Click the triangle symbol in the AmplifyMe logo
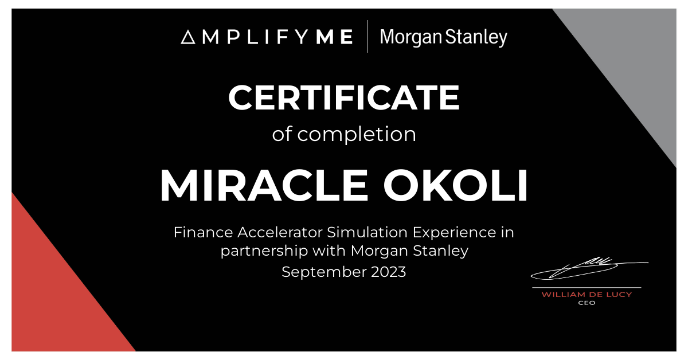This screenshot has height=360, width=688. [x=188, y=37]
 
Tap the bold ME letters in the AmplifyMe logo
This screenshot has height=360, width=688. [x=334, y=37]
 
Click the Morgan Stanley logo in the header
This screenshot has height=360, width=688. [x=444, y=37]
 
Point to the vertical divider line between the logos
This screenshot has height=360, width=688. [x=368, y=36]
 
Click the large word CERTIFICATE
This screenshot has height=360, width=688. [x=343, y=97]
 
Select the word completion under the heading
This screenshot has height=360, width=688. [x=357, y=134]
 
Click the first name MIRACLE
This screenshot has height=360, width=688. [x=264, y=185]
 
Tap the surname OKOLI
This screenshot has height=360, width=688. [x=455, y=185]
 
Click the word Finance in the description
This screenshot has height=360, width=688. [x=204, y=232]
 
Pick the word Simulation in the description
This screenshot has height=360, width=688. [x=368, y=232]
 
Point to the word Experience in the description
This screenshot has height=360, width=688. [x=454, y=233]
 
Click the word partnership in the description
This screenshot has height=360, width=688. [x=264, y=252]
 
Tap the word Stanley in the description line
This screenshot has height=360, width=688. [x=441, y=252]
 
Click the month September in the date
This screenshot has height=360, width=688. [x=324, y=272]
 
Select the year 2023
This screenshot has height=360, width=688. [x=389, y=272]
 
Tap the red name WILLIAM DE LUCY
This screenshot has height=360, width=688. [x=587, y=295]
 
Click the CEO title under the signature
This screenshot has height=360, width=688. [x=587, y=303]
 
